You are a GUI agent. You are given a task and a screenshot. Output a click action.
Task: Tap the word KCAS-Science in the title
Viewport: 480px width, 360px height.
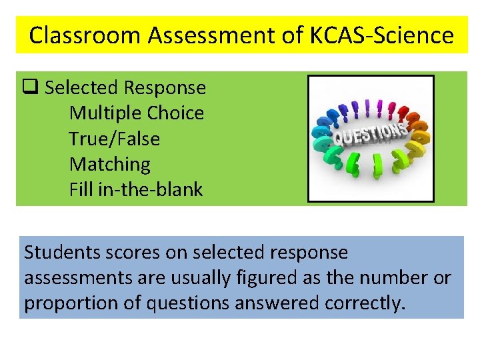(x=381, y=35)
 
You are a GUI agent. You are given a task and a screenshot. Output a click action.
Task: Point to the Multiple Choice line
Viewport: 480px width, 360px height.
(x=136, y=113)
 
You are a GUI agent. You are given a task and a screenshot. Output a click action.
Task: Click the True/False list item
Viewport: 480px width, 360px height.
(x=114, y=139)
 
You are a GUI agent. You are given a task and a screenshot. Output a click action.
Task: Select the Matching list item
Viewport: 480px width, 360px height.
(x=109, y=164)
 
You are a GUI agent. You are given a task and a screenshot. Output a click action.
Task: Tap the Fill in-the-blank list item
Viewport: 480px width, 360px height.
(x=135, y=190)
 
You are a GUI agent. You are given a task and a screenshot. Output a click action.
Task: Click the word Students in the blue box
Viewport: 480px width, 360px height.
(x=55, y=253)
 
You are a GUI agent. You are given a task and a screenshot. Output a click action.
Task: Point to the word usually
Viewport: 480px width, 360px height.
(x=205, y=278)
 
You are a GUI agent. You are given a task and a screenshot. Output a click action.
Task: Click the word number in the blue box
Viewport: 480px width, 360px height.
(x=389, y=278)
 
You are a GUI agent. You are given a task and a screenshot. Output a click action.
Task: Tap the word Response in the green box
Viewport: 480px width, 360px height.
(x=165, y=87)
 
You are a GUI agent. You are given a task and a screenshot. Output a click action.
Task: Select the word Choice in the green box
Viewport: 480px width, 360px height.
(x=175, y=113)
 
